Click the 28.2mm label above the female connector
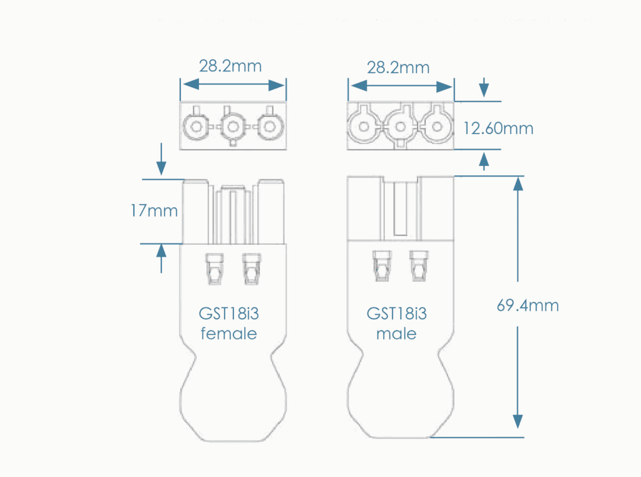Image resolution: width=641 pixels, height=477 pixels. [x=230, y=66]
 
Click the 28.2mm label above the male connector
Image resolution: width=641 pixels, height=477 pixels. [x=398, y=67]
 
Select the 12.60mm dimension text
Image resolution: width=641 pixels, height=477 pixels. [x=498, y=128]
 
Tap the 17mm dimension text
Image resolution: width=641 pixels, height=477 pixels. [x=154, y=211]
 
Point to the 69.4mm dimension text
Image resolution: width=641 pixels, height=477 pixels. [x=528, y=306]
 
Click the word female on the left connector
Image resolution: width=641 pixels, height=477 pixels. [x=228, y=334]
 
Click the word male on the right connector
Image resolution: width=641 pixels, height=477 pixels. [x=396, y=334]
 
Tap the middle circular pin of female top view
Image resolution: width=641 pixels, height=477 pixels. [x=233, y=127]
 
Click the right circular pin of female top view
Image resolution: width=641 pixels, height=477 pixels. [x=270, y=127]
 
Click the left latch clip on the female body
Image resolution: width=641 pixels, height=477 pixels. [x=214, y=269]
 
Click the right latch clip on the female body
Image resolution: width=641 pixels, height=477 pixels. [x=251, y=269]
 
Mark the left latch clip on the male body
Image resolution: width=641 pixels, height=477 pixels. [x=381, y=267]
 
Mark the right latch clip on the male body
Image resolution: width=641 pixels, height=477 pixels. [x=418, y=267]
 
